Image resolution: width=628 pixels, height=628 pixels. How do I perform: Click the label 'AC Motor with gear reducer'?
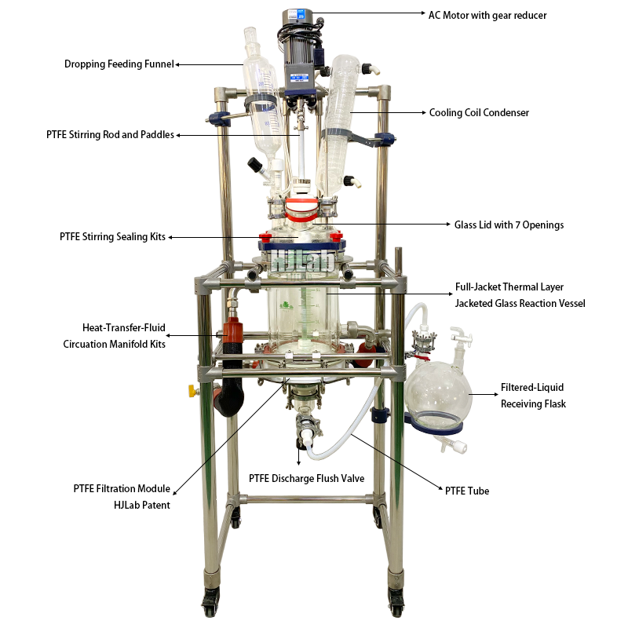[498, 15]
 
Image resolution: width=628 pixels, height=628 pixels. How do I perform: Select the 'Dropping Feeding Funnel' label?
[119, 64]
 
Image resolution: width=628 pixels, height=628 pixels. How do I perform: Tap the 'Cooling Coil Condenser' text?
[479, 113]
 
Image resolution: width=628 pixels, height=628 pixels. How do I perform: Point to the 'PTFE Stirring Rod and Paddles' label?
[110, 135]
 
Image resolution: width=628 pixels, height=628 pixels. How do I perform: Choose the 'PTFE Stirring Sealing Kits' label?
[112, 236]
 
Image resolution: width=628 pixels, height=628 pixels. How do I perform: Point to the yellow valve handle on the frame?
[191, 390]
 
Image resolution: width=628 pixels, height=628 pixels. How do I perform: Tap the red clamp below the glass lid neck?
[301, 208]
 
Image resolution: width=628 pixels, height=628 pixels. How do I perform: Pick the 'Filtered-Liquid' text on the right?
[532, 388]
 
